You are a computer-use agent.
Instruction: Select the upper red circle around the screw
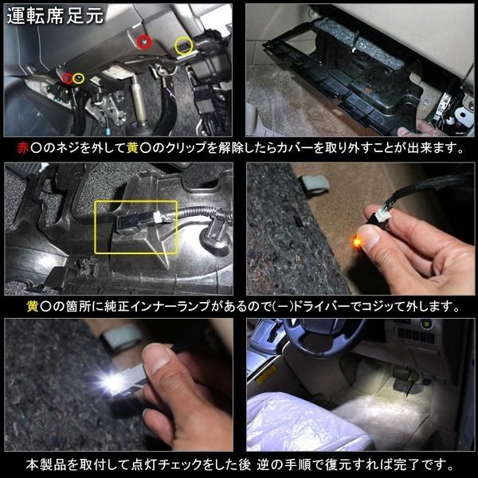click(x=144, y=41)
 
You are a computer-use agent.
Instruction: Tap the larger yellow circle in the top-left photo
click(x=184, y=45)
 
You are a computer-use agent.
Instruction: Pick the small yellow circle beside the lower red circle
click(x=79, y=78)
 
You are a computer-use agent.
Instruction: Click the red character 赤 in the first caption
click(x=22, y=148)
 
